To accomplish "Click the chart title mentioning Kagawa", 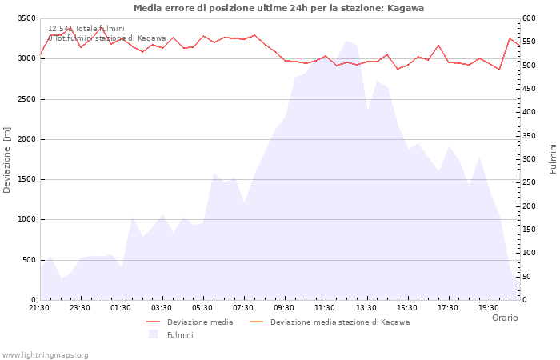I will pos(279,8).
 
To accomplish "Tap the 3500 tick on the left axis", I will pos(26,18).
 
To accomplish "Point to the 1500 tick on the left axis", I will pos(26,179).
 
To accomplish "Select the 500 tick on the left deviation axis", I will pos(29,260).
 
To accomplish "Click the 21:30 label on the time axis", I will pos(39,307).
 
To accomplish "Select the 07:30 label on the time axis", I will pos(243,307).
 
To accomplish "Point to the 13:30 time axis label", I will pos(366,307).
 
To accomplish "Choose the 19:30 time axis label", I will pos(489,307).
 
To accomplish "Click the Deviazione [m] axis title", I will pos(7,159).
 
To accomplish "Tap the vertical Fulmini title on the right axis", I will pos(553,159).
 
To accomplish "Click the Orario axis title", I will pos(505,318).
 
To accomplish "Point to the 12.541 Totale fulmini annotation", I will pos(86,29).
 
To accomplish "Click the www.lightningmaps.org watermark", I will pos(46,355).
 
